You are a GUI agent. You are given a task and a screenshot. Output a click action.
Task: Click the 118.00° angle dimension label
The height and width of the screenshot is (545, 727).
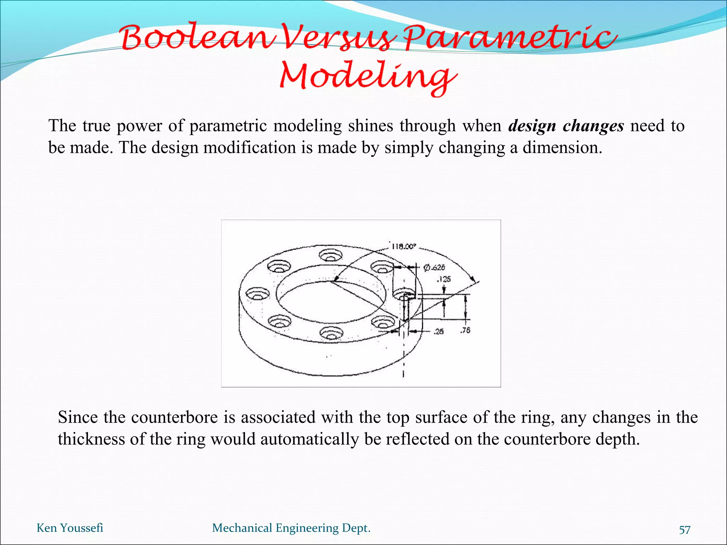(x=403, y=246)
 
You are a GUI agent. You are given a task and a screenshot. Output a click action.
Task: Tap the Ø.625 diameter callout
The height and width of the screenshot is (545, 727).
(x=434, y=268)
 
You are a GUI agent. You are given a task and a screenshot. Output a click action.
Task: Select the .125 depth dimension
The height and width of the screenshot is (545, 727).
(x=444, y=279)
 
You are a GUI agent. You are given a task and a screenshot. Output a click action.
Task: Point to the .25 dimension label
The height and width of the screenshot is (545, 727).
(x=439, y=331)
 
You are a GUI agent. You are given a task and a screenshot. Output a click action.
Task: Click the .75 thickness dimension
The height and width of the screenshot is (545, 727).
(x=465, y=330)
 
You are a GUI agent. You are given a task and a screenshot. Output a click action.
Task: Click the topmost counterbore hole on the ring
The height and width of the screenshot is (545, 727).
(x=330, y=256)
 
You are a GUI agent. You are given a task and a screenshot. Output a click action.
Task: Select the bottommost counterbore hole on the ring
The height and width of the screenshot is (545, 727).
(x=331, y=334)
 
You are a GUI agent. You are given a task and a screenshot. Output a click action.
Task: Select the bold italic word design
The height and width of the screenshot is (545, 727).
(x=532, y=126)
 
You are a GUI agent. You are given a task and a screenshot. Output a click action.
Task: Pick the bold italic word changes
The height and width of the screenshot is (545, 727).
(x=593, y=126)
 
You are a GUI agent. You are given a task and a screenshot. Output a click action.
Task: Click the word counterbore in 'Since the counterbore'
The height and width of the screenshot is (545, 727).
(x=174, y=417)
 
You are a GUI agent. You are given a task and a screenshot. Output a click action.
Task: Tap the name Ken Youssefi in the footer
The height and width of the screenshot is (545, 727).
(x=70, y=528)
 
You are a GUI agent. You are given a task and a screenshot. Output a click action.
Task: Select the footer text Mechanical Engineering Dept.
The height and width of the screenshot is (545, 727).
(x=291, y=528)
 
